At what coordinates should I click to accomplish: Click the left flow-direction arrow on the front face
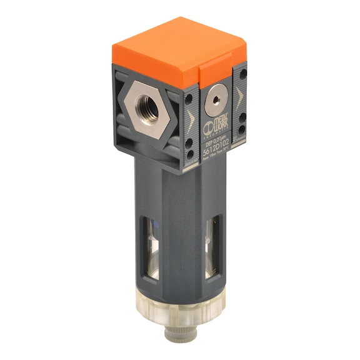[189, 118]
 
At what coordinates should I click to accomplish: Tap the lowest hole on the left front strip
[189, 151]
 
